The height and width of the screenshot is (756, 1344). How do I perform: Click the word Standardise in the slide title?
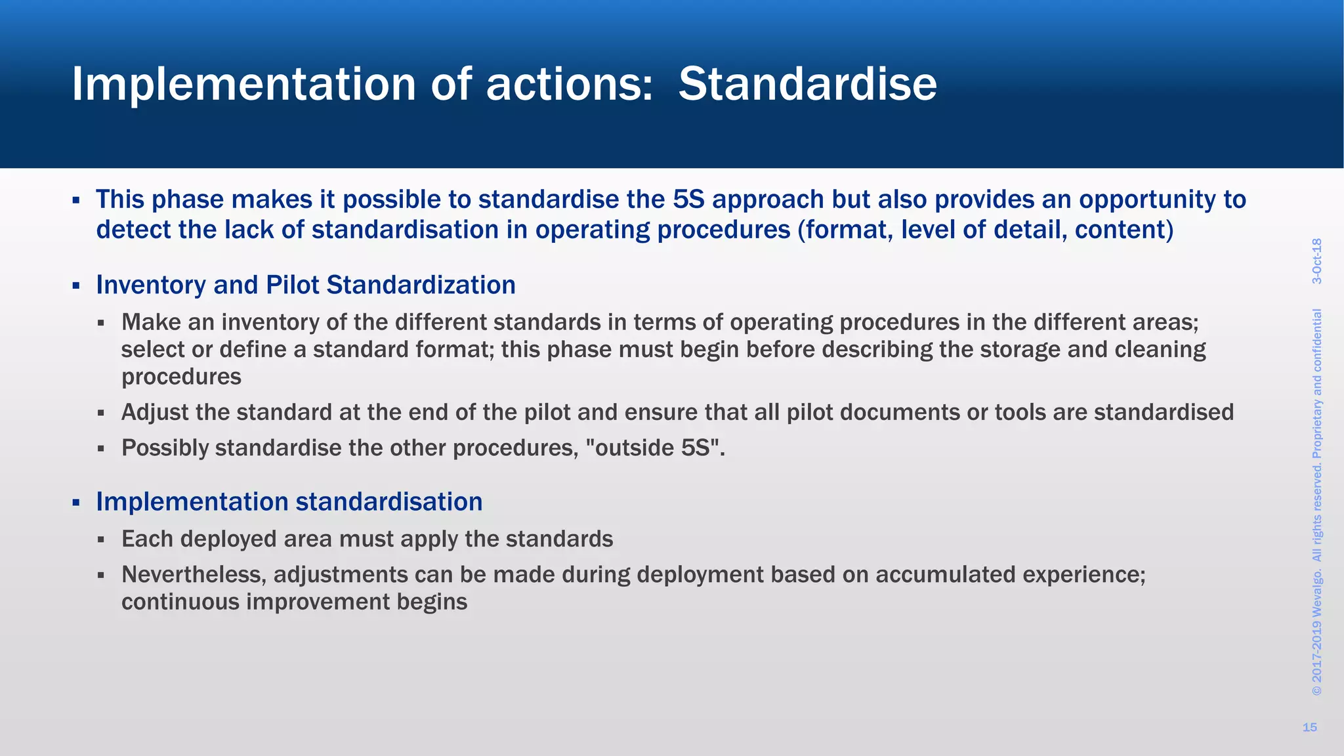click(807, 84)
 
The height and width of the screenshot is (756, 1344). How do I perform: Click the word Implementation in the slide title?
click(243, 84)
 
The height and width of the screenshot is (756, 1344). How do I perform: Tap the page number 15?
click(1309, 727)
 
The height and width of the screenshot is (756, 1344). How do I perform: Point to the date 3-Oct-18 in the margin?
click(1316, 261)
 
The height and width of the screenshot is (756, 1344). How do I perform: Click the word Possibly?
click(165, 448)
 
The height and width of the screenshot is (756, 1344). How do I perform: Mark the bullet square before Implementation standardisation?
click(76, 503)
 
